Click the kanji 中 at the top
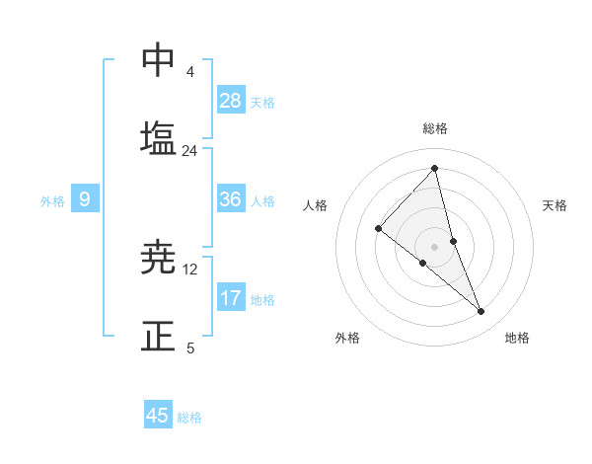pos(158,62)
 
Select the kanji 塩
pos(158,137)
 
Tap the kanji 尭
pos(158,259)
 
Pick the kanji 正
pos(158,335)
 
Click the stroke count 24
pos(189,151)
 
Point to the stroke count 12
pos(190,270)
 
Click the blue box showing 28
pos(231,101)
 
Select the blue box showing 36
pos(231,200)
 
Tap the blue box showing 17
pos(231,298)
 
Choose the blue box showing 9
pos(85,200)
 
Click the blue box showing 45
pos(158,416)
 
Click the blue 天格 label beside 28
pos(262,103)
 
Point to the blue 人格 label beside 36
pos(262,201)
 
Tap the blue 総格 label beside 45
pos(189,418)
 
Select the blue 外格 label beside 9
pos(52,201)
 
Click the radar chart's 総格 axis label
pos(434,128)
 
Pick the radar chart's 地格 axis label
pos(517,338)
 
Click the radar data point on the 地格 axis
pos(481,312)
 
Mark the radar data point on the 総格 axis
pos(434,169)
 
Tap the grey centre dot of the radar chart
pos(434,246)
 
